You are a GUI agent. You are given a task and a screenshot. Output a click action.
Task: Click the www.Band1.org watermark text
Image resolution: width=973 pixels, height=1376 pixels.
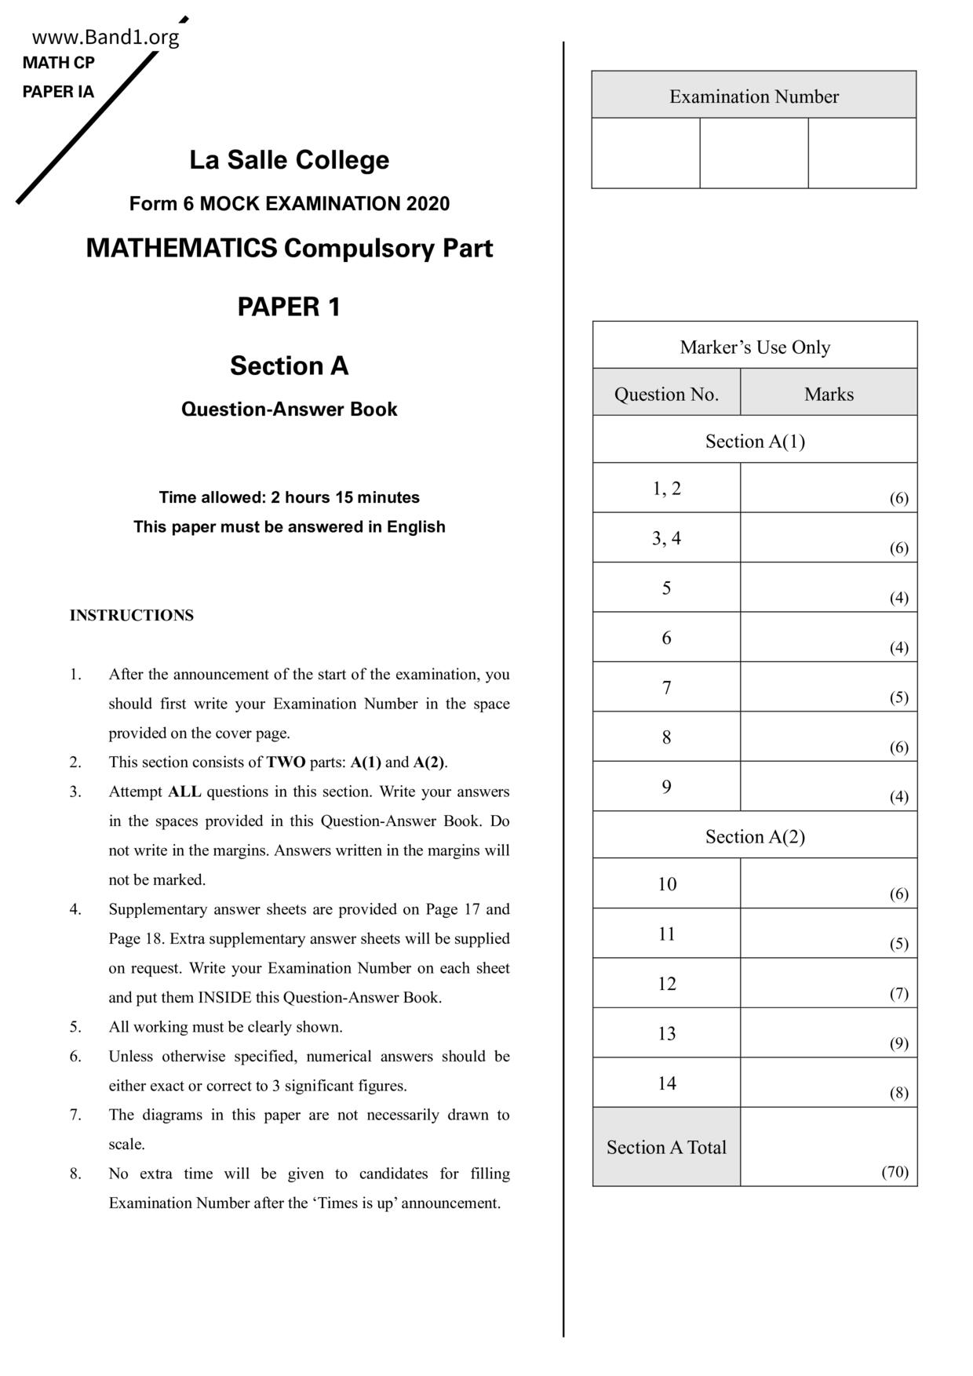(x=105, y=37)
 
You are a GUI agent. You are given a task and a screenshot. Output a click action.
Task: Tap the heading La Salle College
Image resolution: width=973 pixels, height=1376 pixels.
(x=289, y=160)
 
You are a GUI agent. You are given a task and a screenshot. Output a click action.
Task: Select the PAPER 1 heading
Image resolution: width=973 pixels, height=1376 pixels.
(x=289, y=307)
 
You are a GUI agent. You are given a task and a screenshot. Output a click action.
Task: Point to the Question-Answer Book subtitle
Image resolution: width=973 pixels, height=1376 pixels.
(x=289, y=410)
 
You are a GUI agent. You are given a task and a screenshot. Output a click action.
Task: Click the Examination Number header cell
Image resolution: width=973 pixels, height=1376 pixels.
(x=753, y=96)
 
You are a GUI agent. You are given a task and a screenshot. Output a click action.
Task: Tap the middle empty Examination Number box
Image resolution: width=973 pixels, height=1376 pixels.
(x=753, y=153)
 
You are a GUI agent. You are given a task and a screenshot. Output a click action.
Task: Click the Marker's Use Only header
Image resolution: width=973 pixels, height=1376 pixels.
(x=755, y=347)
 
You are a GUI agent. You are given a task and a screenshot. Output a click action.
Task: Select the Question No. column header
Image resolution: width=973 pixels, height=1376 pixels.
(x=666, y=394)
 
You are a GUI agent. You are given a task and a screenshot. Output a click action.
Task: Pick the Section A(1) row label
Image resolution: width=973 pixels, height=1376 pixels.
(x=755, y=441)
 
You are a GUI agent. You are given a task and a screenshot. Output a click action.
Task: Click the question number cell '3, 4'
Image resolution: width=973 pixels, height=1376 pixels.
(x=666, y=538)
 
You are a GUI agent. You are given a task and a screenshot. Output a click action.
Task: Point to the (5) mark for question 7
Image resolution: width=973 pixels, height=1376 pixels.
(x=898, y=697)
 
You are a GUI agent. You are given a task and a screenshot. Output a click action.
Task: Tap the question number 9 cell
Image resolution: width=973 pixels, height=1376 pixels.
(x=666, y=787)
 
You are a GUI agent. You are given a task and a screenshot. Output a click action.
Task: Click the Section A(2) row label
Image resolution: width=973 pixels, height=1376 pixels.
(x=755, y=836)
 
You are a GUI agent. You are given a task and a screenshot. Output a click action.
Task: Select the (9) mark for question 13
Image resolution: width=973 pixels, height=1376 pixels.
(x=898, y=1043)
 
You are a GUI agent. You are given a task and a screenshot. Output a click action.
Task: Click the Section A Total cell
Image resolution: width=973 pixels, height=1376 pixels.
(x=666, y=1147)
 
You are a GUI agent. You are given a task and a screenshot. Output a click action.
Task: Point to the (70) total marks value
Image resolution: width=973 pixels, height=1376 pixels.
(x=895, y=1172)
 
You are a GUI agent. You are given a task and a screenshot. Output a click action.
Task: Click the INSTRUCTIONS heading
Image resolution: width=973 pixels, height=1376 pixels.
(x=131, y=616)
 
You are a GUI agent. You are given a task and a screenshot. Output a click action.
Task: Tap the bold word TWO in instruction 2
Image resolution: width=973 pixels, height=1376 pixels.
(x=286, y=763)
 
